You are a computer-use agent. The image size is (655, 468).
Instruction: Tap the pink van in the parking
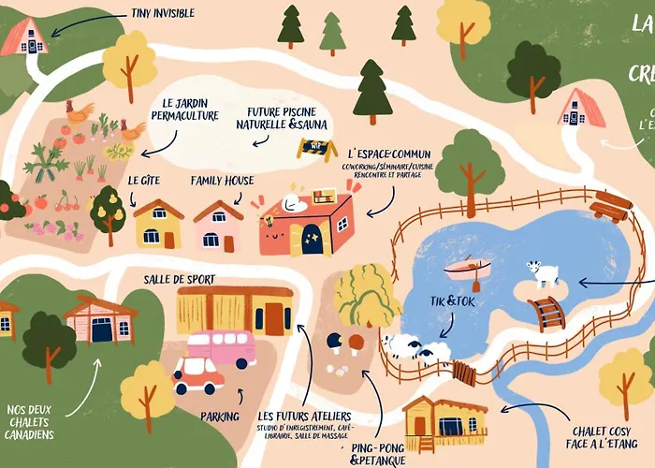coord(221,348)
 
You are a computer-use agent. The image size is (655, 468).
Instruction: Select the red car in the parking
coord(197,374)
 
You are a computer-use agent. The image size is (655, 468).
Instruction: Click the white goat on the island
coord(543,273)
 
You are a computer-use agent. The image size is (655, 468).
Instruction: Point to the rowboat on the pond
coord(468,270)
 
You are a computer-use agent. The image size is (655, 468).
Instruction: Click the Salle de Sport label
coord(179,279)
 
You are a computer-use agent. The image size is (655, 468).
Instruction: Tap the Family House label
coord(222,180)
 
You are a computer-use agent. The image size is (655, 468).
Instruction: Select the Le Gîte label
coord(145,180)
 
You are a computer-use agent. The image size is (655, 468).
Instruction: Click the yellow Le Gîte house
coord(158,225)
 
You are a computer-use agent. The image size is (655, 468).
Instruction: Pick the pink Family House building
coord(217,227)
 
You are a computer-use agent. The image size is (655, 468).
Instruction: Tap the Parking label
coord(220,416)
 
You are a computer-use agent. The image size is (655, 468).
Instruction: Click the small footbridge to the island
coord(546,313)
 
